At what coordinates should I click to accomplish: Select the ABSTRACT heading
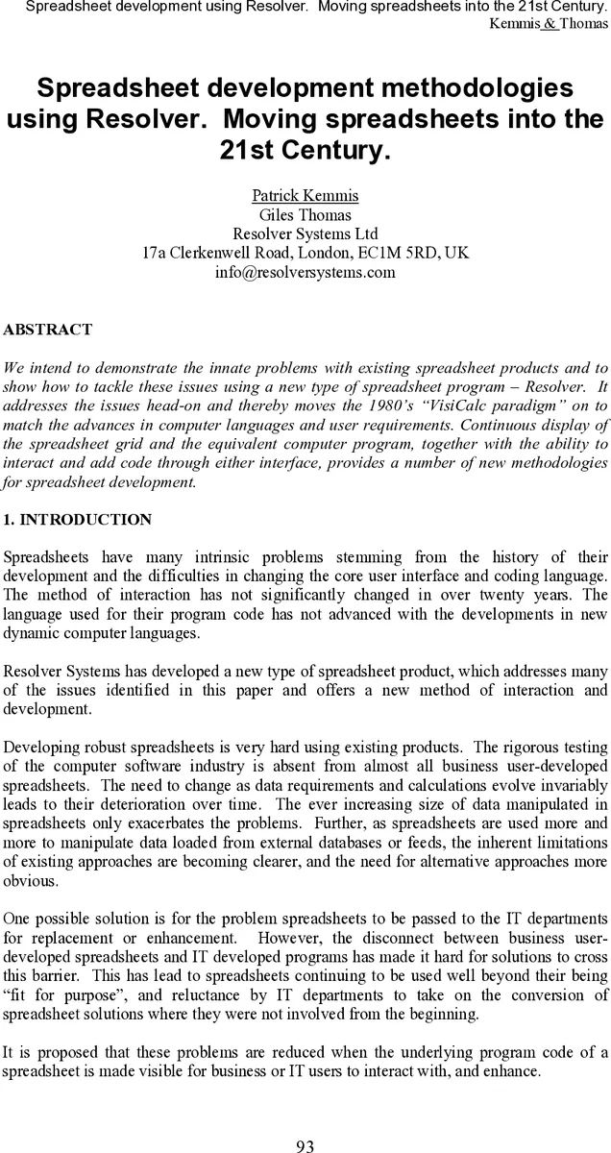48,330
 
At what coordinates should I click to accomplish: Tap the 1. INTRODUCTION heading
78,520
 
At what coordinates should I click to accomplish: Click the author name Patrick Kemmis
305,196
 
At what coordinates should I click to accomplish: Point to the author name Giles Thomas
305,215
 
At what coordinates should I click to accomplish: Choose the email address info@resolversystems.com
305,272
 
